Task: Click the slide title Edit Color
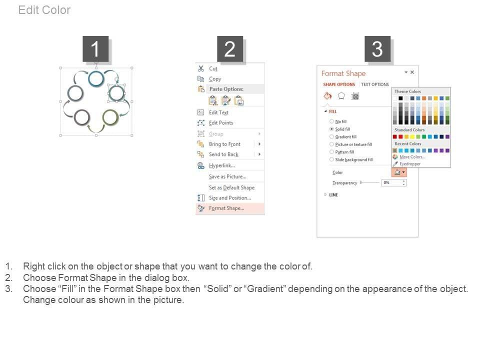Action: click(44, 10)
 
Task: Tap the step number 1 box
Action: click(95, 49)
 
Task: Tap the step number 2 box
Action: click(230, 49)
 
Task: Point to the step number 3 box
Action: click(377, 49)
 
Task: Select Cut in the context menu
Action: click(213, 68)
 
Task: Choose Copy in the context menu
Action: click(215, 79)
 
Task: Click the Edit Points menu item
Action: click(221, 123)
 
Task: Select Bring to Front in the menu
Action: click(224, 144)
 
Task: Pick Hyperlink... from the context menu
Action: click(222, 165)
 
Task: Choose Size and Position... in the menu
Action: click(230, 198)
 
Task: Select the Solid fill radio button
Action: click(331, 129)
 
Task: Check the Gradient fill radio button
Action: click(331, 136)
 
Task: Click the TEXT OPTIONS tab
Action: click(375, 84)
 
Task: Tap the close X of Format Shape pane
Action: click(412, 72)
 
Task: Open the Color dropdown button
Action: click(399, 172)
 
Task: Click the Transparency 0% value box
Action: click(393, 183)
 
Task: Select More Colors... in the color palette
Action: click(412, 157)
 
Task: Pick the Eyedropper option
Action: click(410, 164)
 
